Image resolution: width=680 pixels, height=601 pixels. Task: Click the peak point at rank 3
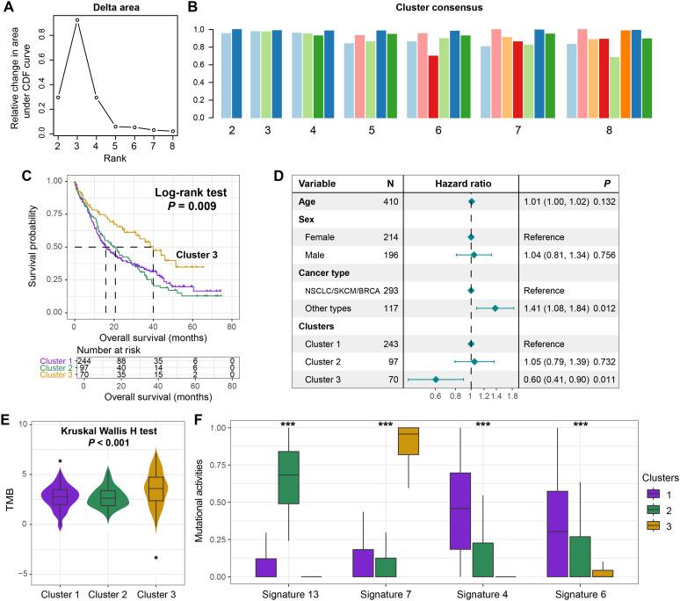[76, 19]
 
